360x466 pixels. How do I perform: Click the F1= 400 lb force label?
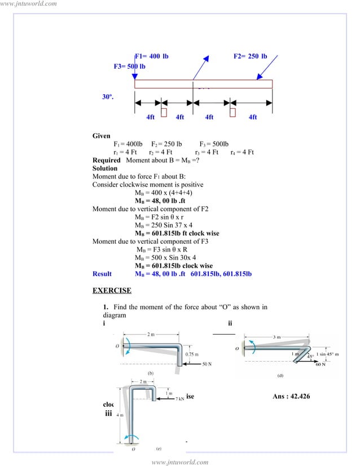[152, 56]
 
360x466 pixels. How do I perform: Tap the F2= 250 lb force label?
[250, 56]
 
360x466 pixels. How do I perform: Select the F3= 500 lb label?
[129, 67]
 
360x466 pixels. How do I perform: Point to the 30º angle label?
[108, 97]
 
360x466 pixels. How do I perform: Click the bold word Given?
[102, 137]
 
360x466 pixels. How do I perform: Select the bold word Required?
[107, 160]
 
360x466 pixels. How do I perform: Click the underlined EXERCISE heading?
[112, 291]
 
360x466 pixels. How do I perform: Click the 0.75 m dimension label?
[192, 354]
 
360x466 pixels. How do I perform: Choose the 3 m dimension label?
[276, 337]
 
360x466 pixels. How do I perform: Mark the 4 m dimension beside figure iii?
[120, 415]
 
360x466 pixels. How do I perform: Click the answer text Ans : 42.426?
[291, 397]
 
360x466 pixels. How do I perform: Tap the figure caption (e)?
[159, 448]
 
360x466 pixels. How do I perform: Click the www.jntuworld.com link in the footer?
[180, 462]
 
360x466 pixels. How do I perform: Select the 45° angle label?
[310, 357]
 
